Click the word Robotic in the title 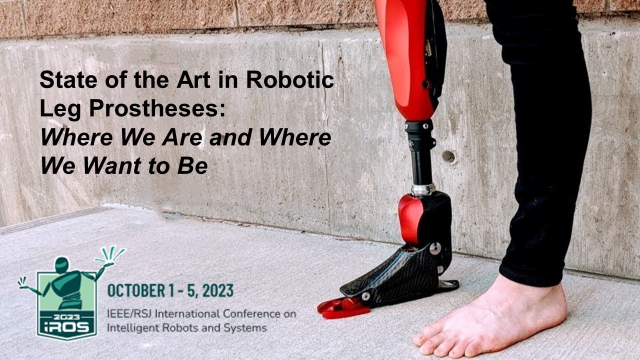[290, 79]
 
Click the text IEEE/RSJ [129, 313]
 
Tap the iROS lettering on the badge [67, 327]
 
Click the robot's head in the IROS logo [62, 264]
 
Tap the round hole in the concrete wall [448, 156]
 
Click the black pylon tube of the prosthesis [421, 167]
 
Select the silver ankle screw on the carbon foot [435, 248]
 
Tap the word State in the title [68, 79]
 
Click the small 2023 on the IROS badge [67, 317]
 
